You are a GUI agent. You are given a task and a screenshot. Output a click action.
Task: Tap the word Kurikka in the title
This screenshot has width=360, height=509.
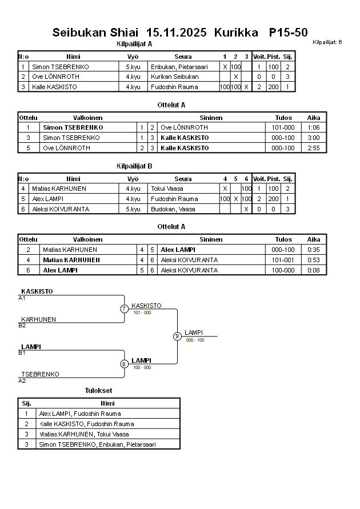236,33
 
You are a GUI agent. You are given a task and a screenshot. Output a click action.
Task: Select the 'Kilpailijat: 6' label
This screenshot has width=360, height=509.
327,42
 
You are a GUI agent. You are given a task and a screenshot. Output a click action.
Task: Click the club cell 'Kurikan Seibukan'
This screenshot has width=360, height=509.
175,77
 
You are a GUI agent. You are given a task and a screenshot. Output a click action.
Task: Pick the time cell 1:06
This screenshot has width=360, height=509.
314,127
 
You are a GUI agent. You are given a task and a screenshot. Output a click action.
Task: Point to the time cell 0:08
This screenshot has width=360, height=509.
314,270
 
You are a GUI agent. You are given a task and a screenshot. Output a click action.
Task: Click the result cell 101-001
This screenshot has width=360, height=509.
283,260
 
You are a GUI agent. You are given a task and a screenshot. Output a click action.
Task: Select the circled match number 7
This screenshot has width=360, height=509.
124,309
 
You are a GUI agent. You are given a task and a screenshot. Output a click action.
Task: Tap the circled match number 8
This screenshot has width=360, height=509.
124,364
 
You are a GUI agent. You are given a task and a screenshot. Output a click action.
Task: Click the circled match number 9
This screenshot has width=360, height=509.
177,336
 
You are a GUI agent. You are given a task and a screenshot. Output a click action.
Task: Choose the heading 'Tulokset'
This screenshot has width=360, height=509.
98,391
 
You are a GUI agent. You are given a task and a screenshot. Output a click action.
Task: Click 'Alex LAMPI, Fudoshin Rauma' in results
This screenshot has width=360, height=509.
80,414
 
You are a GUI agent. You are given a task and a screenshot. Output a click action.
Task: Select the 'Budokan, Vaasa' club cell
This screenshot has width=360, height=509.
173,209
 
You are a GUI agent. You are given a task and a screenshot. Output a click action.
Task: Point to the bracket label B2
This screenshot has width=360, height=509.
22,326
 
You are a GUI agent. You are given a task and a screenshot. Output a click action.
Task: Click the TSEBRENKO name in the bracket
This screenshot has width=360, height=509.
40,374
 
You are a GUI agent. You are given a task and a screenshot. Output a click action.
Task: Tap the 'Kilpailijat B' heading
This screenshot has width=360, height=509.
134,166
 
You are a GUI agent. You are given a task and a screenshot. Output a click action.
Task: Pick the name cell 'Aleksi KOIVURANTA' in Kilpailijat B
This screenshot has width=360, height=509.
61,209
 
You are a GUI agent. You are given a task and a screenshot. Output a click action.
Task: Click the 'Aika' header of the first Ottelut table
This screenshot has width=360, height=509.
314,117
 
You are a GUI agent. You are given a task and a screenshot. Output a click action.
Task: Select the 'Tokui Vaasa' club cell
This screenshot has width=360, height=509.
167,189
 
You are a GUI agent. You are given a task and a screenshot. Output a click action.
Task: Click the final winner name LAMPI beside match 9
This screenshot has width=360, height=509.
194,332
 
